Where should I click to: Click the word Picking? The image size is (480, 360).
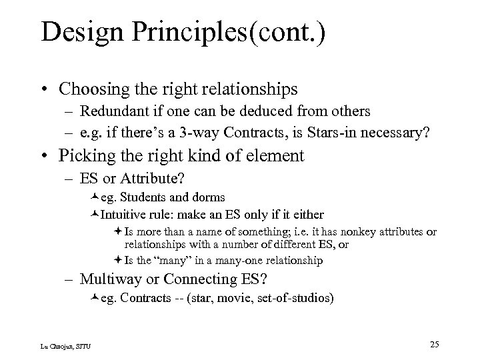point(87,156)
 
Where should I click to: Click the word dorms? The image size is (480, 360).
point(209,197)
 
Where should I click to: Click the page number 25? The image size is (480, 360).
point(434,344)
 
